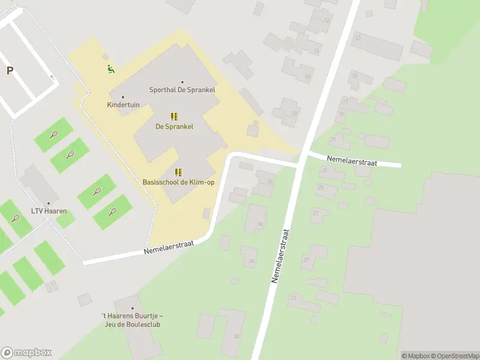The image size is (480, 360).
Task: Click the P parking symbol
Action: click(x=10, y=71)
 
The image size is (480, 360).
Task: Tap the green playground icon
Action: click(x=110, y=69)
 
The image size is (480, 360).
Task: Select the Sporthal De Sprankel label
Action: click(x=182, y=90)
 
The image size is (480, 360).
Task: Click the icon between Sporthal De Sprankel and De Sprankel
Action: click(x=174, y=116)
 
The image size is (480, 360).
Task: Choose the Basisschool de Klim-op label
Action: click(x=178, y=182)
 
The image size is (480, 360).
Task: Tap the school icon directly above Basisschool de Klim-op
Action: click(x=178, y=172)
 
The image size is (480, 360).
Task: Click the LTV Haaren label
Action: click(x=49, y=211)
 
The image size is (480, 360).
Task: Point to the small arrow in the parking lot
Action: click(x=52, y=77)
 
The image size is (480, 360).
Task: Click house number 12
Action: click(x=327, y=20)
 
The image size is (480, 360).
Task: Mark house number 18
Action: click(x=307, y=76)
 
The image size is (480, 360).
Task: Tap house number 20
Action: click(x=294, y=113)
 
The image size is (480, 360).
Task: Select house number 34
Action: click(x=260, y=224)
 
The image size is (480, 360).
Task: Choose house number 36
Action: click(x=251, y=260)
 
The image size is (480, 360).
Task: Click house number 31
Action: click(x=293, y=298)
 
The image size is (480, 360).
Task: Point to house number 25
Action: click(x=320, y=188)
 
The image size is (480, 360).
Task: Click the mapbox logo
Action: click(x=26, y=353)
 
